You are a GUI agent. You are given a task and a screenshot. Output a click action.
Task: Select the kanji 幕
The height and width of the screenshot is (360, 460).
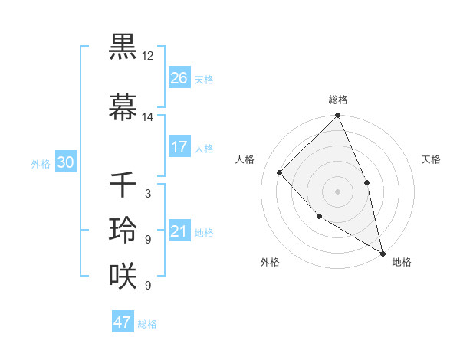pos(123,107)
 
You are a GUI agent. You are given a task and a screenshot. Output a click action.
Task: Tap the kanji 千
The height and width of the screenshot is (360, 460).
pos(123,184)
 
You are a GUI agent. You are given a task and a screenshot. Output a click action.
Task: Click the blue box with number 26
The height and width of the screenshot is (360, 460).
pos(179,77)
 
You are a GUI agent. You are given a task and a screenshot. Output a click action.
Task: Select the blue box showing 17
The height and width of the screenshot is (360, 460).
pos(179,147)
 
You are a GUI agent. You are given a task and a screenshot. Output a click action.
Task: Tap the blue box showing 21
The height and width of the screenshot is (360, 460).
pos(179,231)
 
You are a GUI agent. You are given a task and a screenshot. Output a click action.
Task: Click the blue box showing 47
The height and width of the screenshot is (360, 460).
pos(123,322)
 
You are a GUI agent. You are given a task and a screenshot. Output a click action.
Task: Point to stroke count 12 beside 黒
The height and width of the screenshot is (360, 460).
pos(148,56)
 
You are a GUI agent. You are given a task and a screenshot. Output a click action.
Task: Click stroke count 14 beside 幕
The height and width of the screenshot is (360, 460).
pos(148,117)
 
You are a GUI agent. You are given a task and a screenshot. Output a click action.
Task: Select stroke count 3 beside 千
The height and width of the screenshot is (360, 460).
pos(148,194)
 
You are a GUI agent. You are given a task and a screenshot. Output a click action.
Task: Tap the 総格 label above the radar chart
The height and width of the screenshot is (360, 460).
pos(338,100)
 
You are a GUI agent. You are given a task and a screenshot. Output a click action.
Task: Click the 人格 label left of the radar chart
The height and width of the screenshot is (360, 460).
pos(246,159)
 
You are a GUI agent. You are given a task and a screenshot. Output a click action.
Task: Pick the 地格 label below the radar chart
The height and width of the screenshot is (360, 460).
pos(402,262)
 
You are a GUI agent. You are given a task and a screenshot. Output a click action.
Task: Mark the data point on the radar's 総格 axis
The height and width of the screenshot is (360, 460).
pos(338,116)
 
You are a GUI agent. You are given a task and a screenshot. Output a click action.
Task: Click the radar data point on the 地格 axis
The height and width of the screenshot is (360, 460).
pos(383,252)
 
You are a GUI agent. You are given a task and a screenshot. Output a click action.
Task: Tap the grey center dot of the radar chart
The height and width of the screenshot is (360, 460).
pos(338,191)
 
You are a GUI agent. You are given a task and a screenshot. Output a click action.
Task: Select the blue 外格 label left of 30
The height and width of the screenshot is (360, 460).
pos(41,163)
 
